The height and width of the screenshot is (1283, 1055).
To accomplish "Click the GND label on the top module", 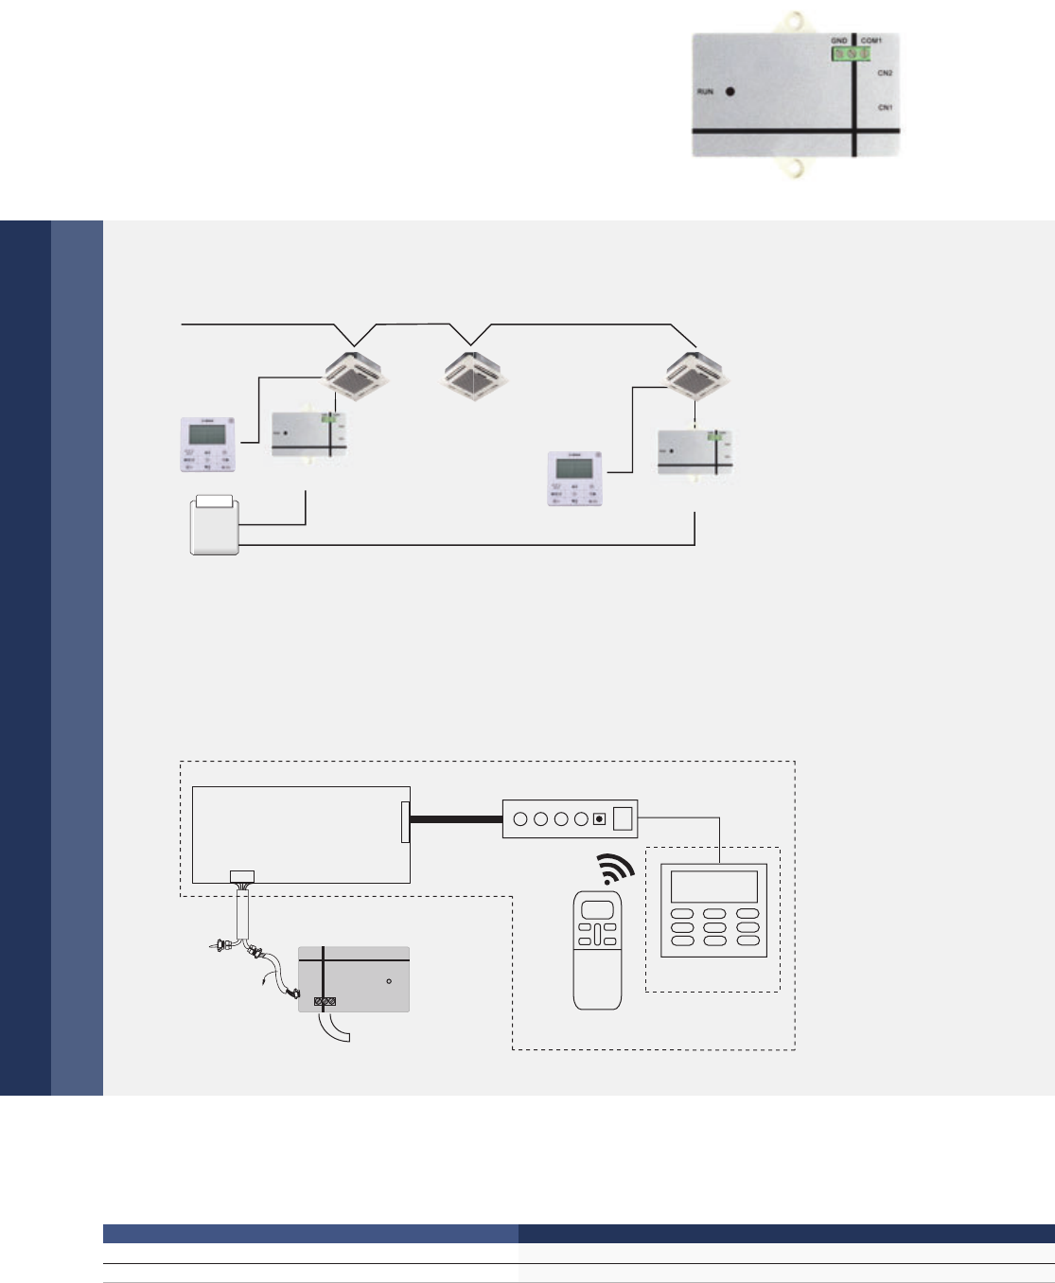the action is tap(838, 42).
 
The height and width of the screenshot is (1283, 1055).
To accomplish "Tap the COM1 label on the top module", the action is tap(871, 42).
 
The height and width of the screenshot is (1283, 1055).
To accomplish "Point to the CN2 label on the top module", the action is tap(885, 73).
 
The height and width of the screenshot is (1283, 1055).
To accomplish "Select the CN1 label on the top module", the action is tap(885, 108).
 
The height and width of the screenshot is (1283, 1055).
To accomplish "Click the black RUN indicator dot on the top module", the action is tap(730, 92).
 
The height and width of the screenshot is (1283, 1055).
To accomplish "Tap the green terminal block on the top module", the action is tap(851, 55).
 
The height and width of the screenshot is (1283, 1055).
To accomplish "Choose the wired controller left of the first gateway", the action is tap(208, 444).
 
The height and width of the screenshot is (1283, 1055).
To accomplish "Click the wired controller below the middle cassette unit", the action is tap(576, 479).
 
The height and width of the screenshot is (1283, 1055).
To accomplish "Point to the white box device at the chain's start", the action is tap(215, 525).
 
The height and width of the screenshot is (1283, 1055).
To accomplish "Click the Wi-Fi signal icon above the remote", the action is tap(615, 871).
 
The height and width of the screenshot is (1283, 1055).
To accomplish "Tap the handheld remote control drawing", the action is tap(598, 949).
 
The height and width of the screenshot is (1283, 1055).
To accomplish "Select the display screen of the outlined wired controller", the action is tap(713, 887).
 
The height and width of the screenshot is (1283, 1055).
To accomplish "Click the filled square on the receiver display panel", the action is tap(599, 819).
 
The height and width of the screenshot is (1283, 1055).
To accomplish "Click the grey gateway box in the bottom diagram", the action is tap(354, 979).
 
